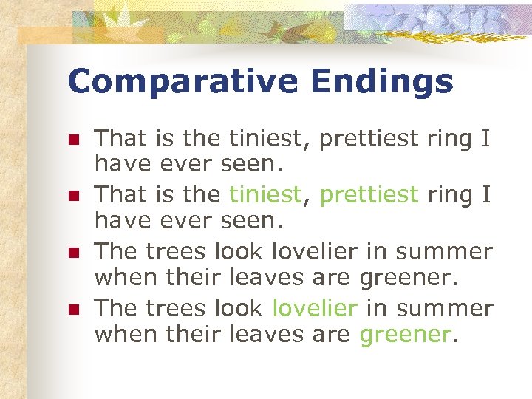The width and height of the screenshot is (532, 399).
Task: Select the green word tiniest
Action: coord(265,194)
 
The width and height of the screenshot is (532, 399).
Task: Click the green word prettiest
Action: coord(369,194)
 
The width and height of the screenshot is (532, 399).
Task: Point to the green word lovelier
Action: coord(315,307)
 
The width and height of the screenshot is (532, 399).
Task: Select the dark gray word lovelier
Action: coord(315,251)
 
